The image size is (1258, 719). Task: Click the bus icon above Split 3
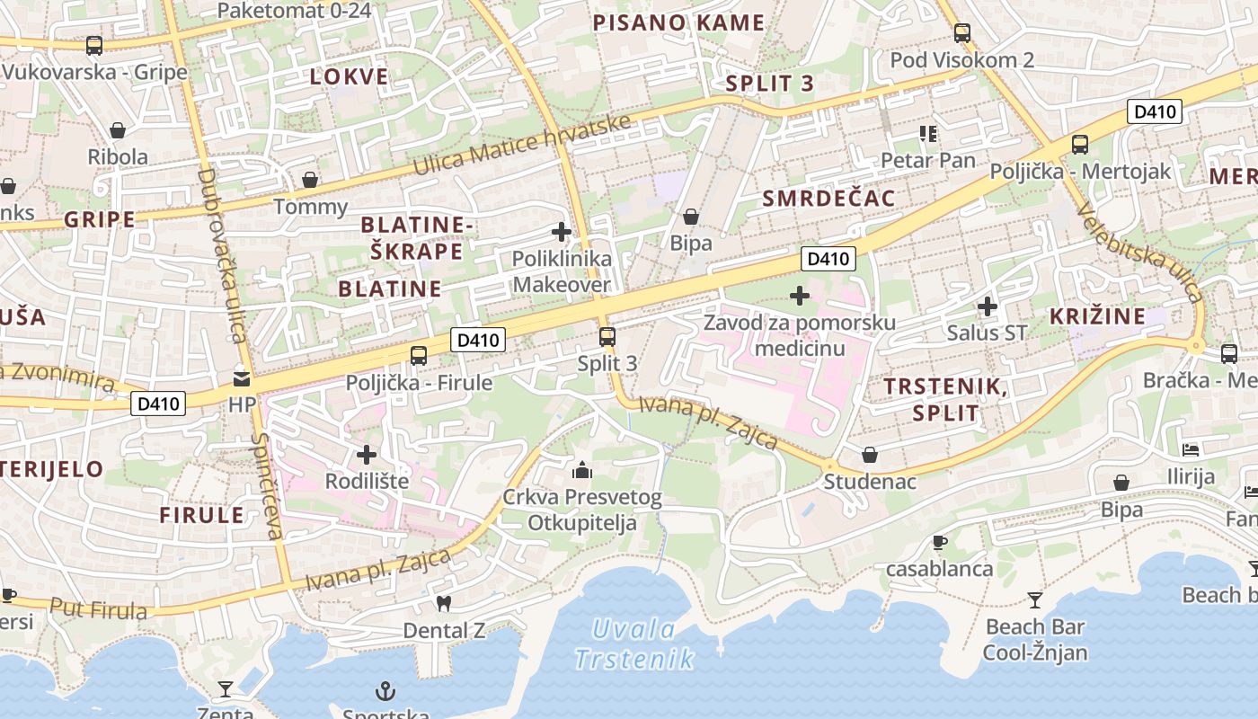click(607, 337)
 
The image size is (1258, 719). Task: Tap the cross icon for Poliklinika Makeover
click(562, 232)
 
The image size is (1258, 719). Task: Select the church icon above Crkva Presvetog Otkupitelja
click(582, 470)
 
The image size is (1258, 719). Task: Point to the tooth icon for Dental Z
click(443, 603)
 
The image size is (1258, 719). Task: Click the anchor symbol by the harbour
click(385, 691)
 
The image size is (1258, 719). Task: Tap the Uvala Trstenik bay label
click(634, 644)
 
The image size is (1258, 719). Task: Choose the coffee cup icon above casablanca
click(939, 542)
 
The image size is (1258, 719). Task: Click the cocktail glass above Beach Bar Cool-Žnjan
click(1035, 599)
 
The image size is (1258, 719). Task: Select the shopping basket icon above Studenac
click(870, 455)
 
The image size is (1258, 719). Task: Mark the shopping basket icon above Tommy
click(310, 180)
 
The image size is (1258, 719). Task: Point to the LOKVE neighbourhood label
click(350, 76)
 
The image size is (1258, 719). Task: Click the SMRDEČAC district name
click(828, 199)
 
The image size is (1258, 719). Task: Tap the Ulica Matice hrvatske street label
click(523, 146)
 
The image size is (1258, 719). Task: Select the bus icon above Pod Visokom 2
click(962, 33)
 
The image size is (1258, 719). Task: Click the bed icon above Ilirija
click(1191, 449)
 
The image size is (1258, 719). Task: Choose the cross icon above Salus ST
click(988, 306)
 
